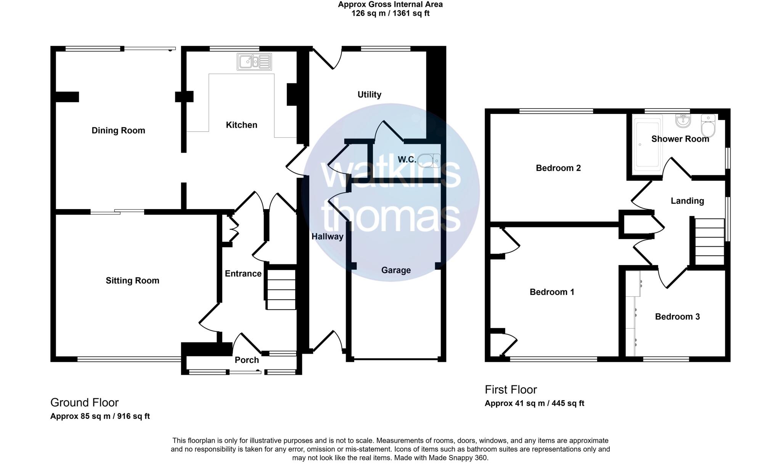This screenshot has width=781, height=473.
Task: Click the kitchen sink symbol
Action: pyautogui.click(x=254, y=62)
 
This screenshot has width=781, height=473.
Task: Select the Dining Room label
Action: pyautogui.click(x=118, y=131)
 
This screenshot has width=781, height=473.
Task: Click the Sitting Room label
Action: pyautogui.click(x=132, y=281)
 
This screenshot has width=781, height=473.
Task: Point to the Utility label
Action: pyautogui.click(x=369, y=94)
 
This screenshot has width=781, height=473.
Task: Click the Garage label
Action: pyautogui.click(x=396, y=270)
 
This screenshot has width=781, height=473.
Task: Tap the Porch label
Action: pyautogui.click(x=247, y=360)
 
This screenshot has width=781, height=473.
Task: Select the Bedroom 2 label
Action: pyautogui.click(x=558, y=168)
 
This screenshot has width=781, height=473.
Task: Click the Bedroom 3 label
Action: pyautogui.click(x=677, y=317)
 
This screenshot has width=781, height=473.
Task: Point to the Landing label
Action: pyautogui.click(x=687, y=201)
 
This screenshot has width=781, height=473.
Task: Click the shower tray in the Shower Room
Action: pyautogui.click(x=647, y=145)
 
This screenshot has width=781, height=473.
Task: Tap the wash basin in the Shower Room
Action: pyautogui.click(x=683, y=121)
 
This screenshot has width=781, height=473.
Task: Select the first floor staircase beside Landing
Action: pyautogui.click(x=709, y=241)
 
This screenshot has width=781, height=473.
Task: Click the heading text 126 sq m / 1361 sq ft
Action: pyautogui.click(x=390, y=13)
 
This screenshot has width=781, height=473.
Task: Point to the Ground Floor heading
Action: pyautogui.click(x=84, y=403)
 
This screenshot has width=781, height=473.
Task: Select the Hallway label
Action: pyautogui.click(x=327, y=237)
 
